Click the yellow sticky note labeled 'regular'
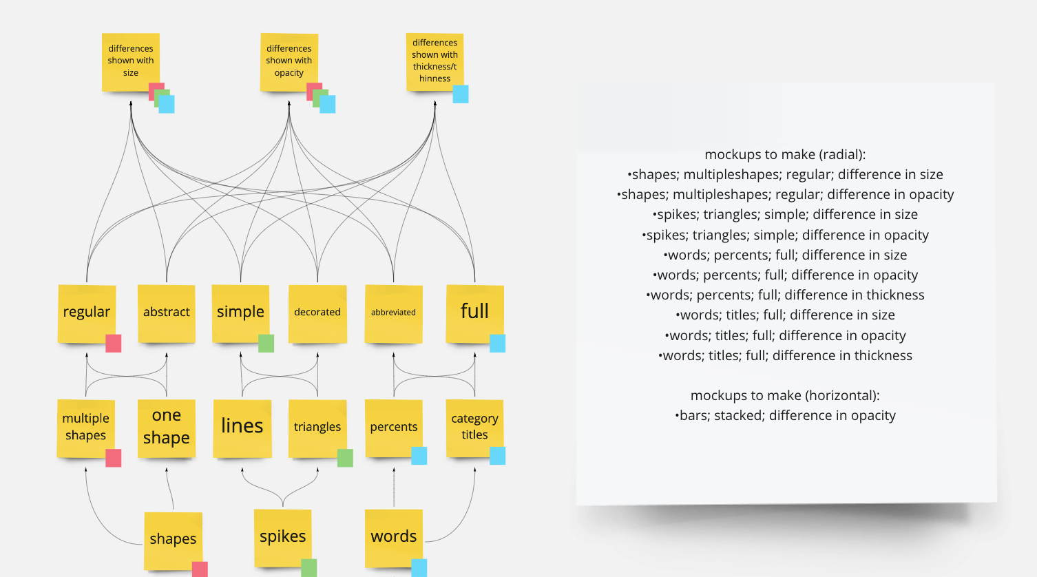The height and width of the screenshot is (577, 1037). (x=86, y=313)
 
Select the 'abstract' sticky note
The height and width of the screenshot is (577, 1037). (x=166, y=313)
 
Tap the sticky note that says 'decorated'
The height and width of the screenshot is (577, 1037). (x=317, y=313)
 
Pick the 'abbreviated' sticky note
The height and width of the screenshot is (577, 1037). (x=393, y=313)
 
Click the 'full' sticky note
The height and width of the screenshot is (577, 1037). (x=474, y=312)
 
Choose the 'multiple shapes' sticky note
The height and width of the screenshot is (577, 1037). (x=85, y=427)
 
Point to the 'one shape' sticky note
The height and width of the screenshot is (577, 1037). (x=166, y=427)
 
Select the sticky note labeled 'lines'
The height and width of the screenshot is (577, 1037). (x=242, y=427)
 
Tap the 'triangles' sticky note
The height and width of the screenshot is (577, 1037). (x=317, y=427)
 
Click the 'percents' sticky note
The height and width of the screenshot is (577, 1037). (x=393, y=427)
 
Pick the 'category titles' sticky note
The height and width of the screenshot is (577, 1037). (x=474, y=427)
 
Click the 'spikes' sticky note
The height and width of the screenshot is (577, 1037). (x=282, y=536)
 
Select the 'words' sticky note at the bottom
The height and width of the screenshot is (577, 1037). (x=393, y=536)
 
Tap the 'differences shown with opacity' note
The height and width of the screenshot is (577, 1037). (x=289, y=61)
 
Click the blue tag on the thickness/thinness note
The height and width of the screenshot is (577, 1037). (x=461, y=94)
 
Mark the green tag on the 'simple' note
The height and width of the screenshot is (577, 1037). (x=266, y=343)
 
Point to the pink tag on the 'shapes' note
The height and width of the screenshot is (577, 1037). (x=200, y=569)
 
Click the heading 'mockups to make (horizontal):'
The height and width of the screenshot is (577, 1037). (x=785, y=395)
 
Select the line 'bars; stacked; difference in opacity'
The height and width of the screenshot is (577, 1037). (x=785, y=415)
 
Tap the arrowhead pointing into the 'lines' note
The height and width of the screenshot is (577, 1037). (x=242, y=471)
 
